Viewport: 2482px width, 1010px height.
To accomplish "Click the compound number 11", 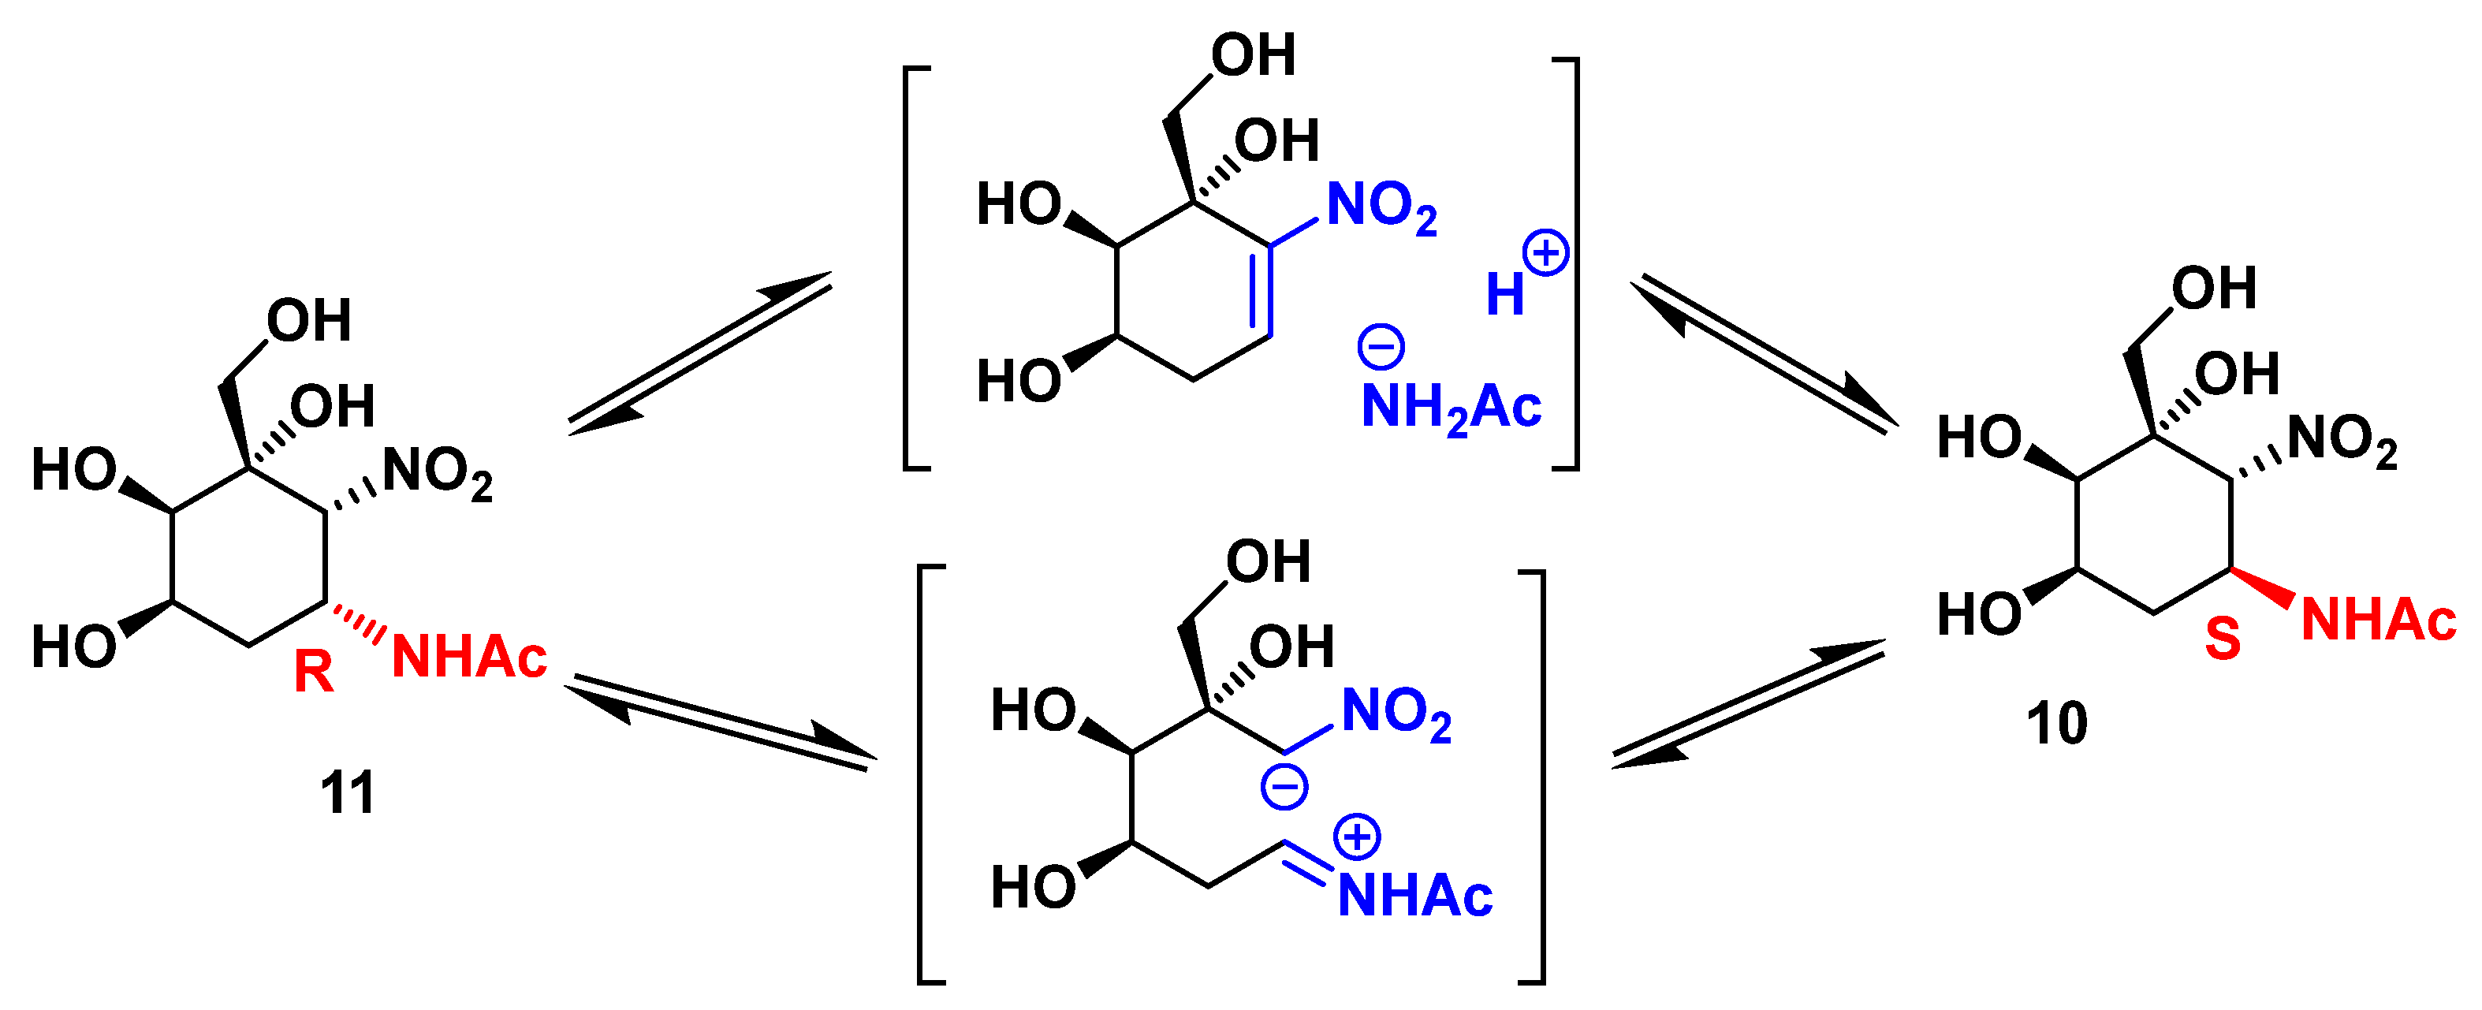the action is point(347,792).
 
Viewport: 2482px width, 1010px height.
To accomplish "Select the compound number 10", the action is point(2056,723).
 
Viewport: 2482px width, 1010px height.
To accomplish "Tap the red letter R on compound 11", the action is point(313,672).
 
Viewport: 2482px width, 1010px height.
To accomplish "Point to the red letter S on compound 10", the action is point(2223,638).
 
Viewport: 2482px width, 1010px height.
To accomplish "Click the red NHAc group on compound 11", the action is point(469,658).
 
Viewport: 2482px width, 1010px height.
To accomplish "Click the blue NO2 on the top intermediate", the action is point(1381,207).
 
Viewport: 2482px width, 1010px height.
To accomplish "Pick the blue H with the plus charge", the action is point(1505,294).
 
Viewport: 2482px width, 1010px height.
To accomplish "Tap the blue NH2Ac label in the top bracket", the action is point(1451,408).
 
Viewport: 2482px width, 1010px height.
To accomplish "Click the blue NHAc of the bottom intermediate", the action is point(1414,896).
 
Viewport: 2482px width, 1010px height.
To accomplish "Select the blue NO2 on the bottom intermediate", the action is point(1396,714).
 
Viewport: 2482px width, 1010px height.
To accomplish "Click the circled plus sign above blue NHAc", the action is point(1358,836).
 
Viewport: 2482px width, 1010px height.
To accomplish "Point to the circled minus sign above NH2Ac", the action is point(1381,346).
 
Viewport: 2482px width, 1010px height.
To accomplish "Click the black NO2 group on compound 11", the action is point(438,473).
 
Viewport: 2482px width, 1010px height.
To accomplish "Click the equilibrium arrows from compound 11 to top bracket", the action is point(700,354).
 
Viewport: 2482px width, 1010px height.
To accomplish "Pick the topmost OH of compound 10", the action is point(2214,287).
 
